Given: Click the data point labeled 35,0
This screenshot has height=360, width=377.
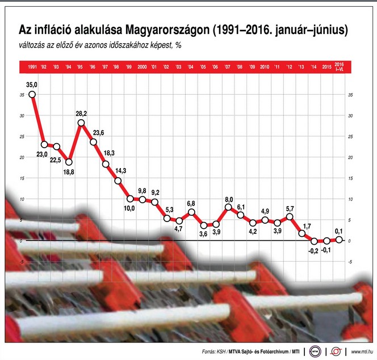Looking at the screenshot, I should pyautogui.click(x=32, y=94).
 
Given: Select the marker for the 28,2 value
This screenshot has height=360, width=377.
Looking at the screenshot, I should pyautogui.click(x=81, y=123).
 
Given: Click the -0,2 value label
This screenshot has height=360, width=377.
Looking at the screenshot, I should pyautogui.click(x=313, y=252).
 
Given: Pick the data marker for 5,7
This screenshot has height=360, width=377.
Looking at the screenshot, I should pyautogui.click(x=290, y=216).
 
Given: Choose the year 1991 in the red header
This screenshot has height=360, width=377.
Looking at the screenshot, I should pyautogui.click(x=32, y=68).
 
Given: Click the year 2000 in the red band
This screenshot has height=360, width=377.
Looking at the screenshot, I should pyautogui.click(x=143, y=68).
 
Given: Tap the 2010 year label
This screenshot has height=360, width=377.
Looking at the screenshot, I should pyautogui.click(x=265, y=68).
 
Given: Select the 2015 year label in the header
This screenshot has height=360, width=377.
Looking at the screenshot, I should pyautogui.click(x=326, y=68).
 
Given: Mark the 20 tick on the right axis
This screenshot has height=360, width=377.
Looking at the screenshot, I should pyautogui.click(x=350, y=157).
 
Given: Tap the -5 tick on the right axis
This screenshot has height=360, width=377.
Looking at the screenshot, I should pyautogui.click(x=350, y=262).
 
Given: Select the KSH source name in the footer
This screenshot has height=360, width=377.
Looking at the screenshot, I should pyautogui.click(x=228, y=351).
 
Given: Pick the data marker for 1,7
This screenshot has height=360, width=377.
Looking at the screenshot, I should pyautogui.click(x=302, y=233).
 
